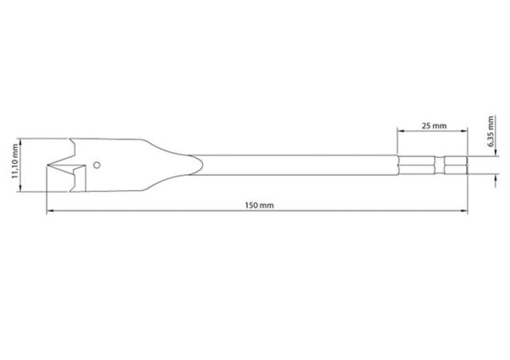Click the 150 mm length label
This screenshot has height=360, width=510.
click(259, 205)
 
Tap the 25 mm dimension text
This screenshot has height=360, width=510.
click(434, 126)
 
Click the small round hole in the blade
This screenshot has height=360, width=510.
click(97, 165)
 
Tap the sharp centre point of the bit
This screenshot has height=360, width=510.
click(47, 166)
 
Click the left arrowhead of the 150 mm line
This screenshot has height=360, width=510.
click(50, 212)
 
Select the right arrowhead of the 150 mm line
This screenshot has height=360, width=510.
click(464, 212)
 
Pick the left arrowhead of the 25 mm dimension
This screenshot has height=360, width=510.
click(401, 131)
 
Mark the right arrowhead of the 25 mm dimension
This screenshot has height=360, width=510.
click(464, 131)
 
